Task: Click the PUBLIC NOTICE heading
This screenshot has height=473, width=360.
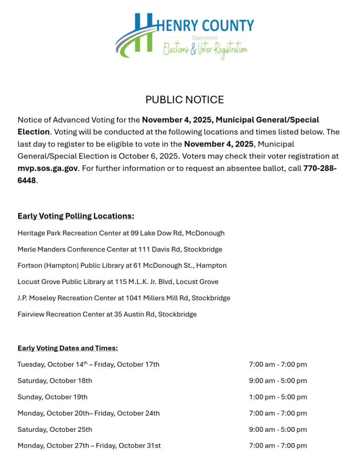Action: click(184, 100)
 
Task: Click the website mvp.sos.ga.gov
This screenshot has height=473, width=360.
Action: click(48, 169)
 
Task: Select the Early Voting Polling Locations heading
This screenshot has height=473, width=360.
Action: click(76, 216)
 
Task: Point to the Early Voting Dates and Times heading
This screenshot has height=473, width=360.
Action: click(67, 348)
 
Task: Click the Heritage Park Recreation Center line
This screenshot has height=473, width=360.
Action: click(121, 233)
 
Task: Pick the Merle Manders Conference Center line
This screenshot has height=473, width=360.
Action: click(120, 249)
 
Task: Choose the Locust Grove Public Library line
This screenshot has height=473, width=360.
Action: click(118, 282)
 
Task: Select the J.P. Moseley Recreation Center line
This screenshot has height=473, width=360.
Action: click(124, 298)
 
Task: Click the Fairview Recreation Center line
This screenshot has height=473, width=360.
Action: click(107, 315)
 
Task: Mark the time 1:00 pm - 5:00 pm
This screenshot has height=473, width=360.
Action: click(278, 397)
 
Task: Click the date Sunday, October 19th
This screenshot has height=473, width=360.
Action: click(53, 397)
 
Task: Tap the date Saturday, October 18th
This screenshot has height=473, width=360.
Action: click(55, 381)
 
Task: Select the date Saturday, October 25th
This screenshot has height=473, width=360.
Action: click(55, 430)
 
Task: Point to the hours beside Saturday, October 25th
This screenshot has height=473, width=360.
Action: click(278, 430)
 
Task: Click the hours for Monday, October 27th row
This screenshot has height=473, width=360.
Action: click(278, 446)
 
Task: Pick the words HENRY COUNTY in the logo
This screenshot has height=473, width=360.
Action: click(205, 25)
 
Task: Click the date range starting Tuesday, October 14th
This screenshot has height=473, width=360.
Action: click(89, 364)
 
